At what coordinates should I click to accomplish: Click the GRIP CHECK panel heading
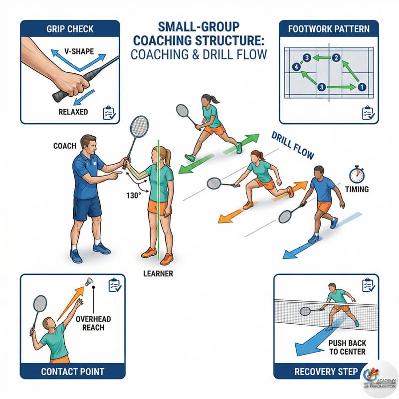click(x=70, y=29)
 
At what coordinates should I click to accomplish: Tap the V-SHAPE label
click(x=79, y=51)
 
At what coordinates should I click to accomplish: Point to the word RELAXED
click(x=73, y=112)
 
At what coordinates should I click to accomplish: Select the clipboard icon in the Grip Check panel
click(x=109, y=113)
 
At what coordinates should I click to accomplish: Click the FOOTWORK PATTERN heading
click(x=329, y=29)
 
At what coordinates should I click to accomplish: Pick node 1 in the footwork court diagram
click(x=362, y=87)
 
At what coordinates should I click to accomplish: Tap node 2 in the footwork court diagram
click(x=336, y=58)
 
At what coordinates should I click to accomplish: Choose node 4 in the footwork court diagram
click(x=296, y=67)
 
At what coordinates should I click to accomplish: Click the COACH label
click(x=65, y=146)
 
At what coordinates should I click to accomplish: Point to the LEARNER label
click(x=158, y=273)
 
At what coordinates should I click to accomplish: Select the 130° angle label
click(x=133, y=196)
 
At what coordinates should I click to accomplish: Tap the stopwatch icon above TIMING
click(x=357, y=175)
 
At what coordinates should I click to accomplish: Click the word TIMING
click(x=357, y=189)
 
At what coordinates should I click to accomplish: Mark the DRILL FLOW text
click(x=293, y=145)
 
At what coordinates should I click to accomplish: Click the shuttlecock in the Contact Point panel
click(x=89, y=281)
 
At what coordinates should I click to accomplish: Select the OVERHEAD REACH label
click(x=93, y=323)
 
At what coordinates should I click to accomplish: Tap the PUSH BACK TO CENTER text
click(x=347, y=347)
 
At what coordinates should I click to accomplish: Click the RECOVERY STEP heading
click(x=326, y=372)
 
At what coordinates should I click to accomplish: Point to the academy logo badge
click(x=380, y=379)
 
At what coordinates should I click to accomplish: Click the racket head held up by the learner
click(x=139, y=127)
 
